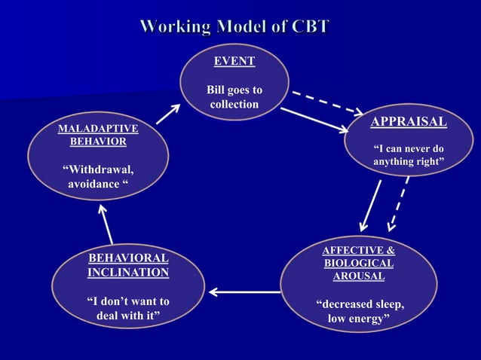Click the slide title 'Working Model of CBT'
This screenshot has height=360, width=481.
tap(234, 27)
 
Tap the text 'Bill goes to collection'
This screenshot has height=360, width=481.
tap(234, 97)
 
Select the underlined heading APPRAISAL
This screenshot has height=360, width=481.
tap(409, 122)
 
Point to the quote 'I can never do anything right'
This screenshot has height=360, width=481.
tap(409, 156)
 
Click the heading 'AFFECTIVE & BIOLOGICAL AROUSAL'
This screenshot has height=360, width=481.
tap(359, 263)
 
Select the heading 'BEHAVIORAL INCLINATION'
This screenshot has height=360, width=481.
tap(128, 266)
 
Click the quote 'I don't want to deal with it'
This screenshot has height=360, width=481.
tap(128, 309)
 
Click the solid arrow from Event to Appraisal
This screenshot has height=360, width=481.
tap(314, 120)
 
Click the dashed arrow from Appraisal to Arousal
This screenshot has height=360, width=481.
tap(398, 203)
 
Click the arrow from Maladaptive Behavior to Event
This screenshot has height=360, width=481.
tap(168, 113)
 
